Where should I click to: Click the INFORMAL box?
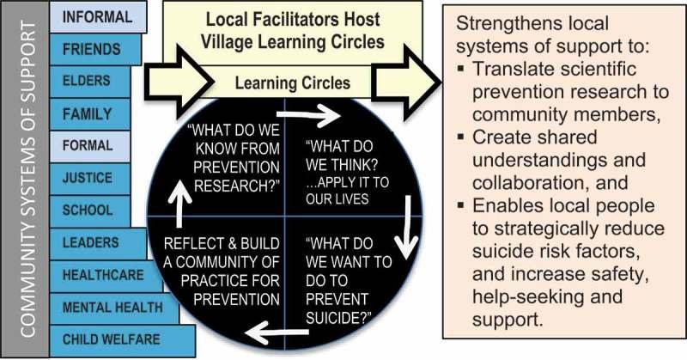point(96,16)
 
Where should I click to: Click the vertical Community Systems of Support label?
point(26,180)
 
